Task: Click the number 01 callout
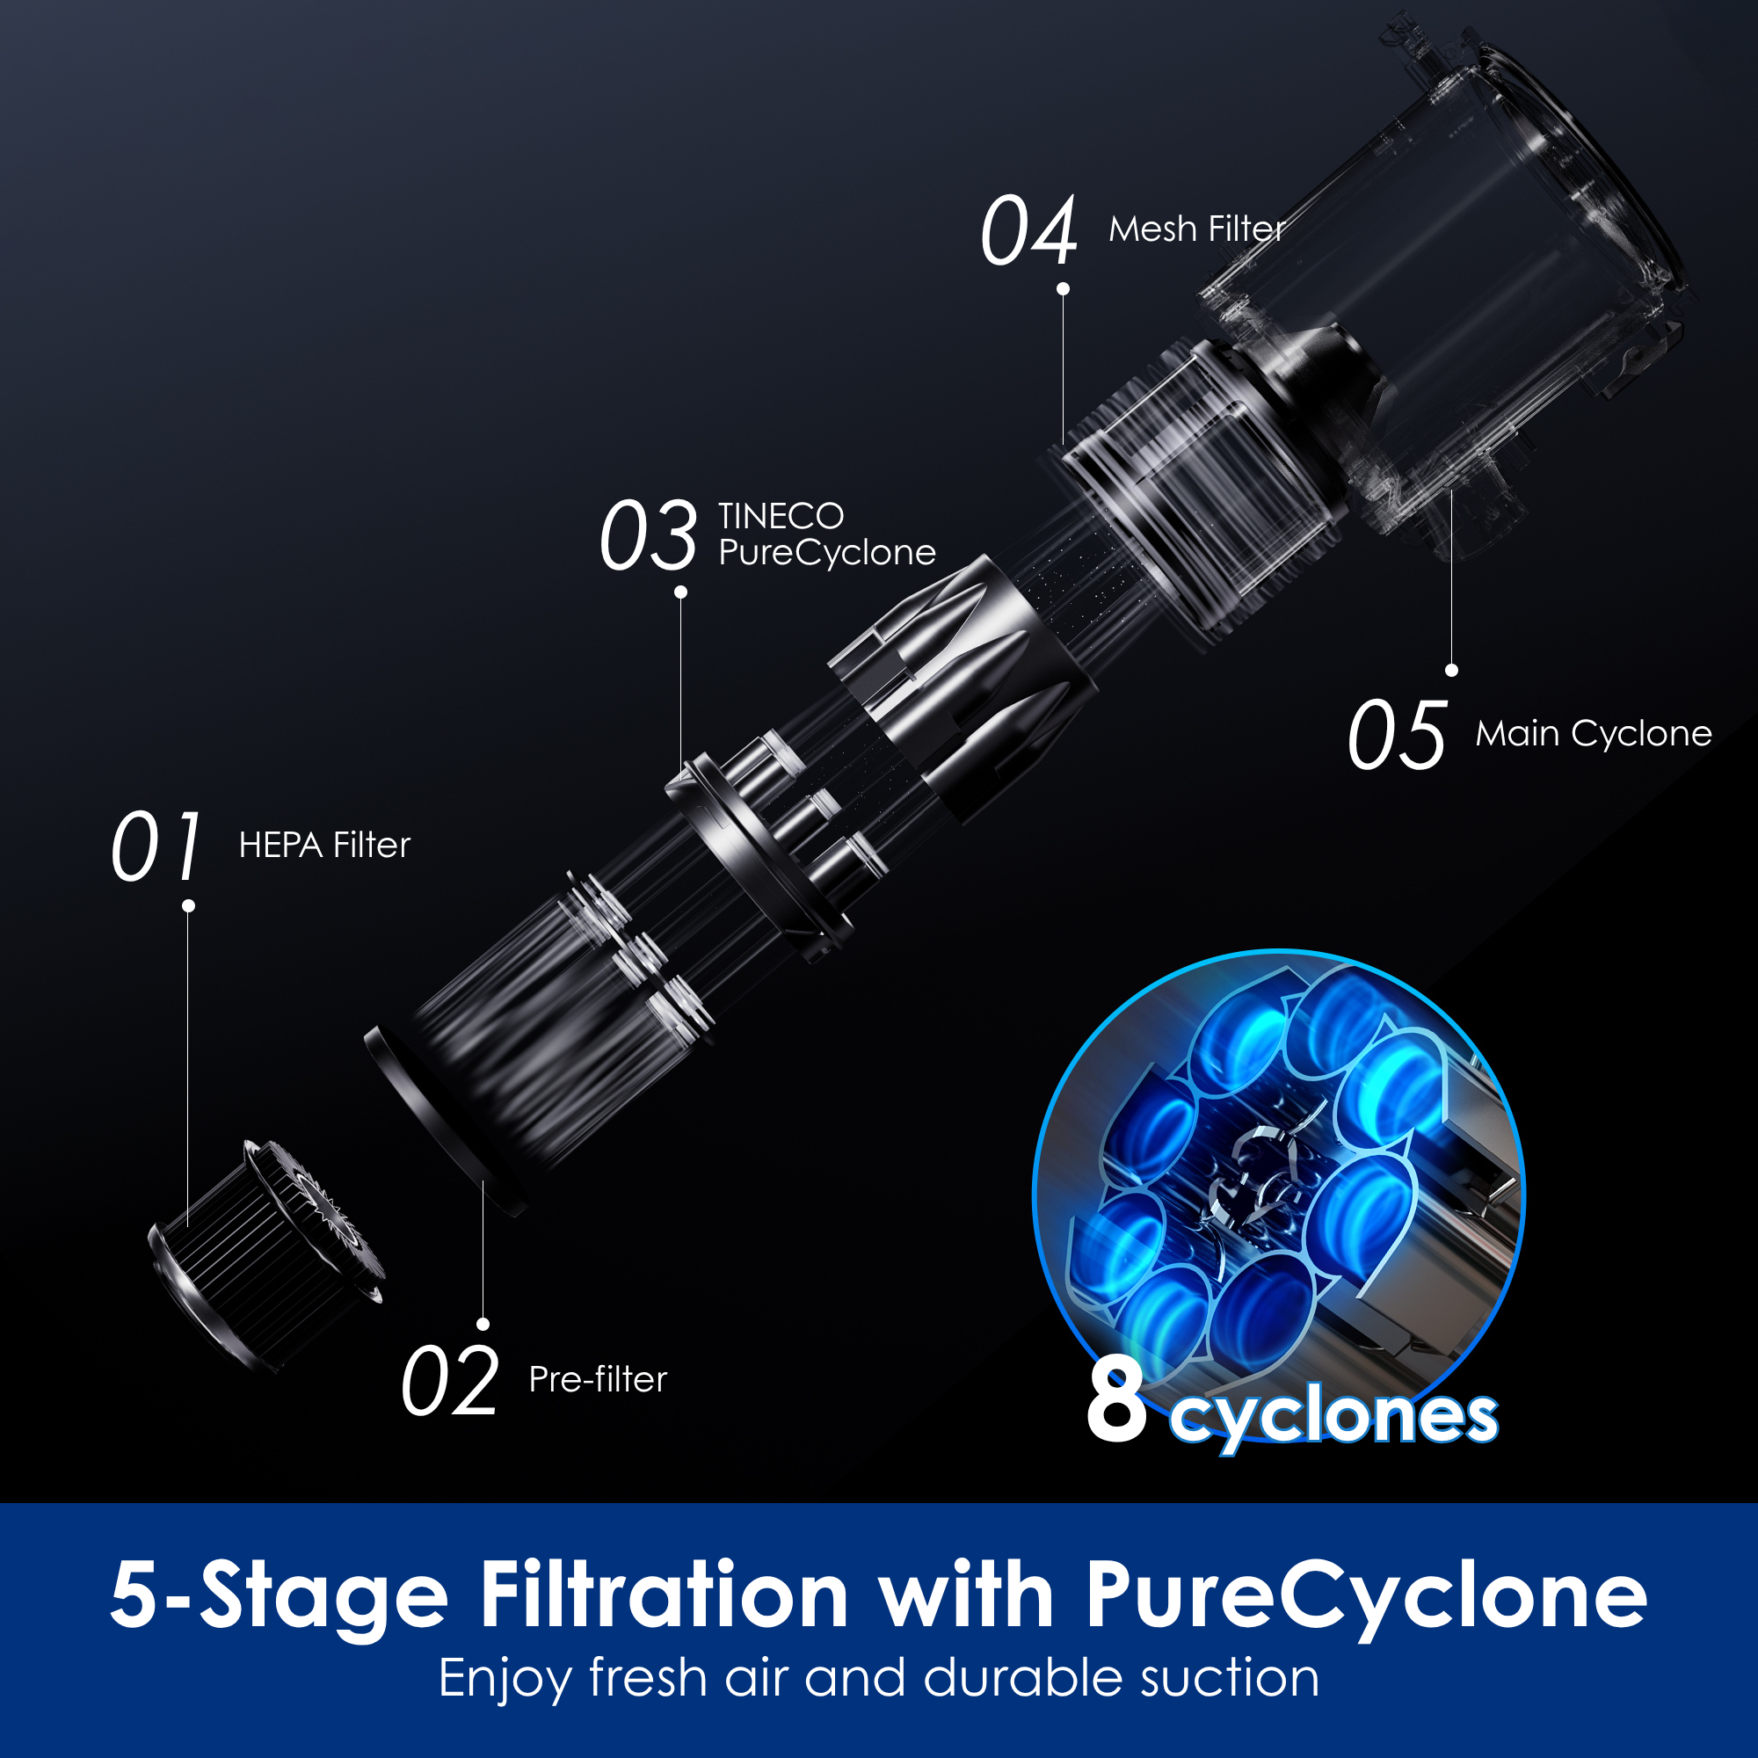[x=156, y=846]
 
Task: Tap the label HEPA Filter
[x=324, y=846]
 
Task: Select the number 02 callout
[x=449, y=1381]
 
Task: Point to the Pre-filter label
[x=598, y=1379]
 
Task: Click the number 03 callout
[x=648, y=535]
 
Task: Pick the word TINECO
[x=781, y=516]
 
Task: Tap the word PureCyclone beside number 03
[x=826, y=552]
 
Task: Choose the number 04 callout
[x=1029, y=230]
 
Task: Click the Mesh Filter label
[x=1196, y=229]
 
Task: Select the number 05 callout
[x=1397, y=734]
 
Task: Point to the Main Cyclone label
[x=1594, y=733]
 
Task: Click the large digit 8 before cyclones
[x=1116, y=1402]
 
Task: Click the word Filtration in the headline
[x=665, y=1595]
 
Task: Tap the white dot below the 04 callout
[x=1063, y=289]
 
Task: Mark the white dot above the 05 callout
[x=1451, y=671]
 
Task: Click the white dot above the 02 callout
[x=483, y=1324]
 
